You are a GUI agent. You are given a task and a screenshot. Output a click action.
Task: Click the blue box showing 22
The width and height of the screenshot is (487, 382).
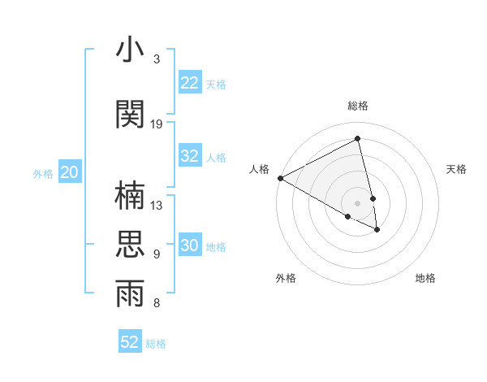tap(190, 83)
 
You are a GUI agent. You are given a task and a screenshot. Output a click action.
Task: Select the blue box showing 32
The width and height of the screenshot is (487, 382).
tap(190, 156)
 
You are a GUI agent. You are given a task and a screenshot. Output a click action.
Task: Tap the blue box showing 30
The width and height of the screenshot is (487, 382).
tap(190, 246)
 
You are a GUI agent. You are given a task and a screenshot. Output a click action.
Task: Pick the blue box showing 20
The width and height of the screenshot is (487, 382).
tap(70, 172)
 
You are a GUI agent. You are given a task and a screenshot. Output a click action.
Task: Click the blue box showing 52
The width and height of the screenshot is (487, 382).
tap(130, 342)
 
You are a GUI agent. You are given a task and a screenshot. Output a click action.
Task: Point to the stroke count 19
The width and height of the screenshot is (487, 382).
tap(157, 124)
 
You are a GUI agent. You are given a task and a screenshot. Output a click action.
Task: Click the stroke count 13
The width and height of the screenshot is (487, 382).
tap(157, 206)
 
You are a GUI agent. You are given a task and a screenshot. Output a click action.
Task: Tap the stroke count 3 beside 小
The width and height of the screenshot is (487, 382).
tap(157, 59)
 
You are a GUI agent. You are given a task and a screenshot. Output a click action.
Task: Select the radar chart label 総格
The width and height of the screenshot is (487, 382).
tap(358, 106)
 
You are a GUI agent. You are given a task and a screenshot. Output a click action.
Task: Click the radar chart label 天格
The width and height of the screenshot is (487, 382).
tap(456, 169)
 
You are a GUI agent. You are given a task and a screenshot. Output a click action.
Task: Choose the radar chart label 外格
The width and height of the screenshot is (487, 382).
tap(286, 278)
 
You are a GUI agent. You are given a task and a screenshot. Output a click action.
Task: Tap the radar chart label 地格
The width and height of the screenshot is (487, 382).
tap(425, 278)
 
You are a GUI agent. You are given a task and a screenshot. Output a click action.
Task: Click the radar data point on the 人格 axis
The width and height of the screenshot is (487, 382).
tap(280, 178)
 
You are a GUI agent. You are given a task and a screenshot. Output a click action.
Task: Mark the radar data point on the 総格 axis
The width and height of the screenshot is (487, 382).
tap(358, 139)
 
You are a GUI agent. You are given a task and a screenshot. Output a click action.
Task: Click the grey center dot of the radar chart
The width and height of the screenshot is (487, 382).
tap(358, 202)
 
